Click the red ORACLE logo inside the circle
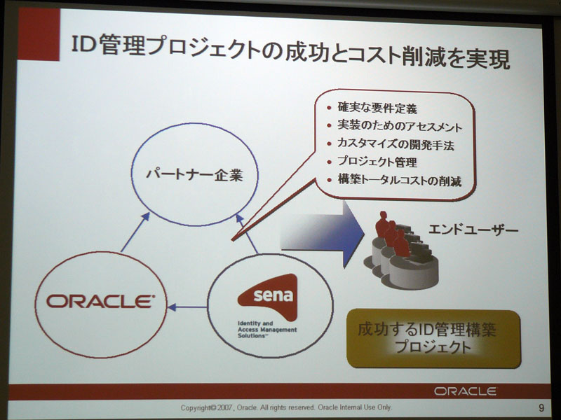[100, 302]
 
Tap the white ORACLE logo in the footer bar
[465, 391]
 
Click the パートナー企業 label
[194, 174]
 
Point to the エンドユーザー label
[473, 230]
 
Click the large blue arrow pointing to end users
[322, 234]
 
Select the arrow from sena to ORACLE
[187, 307]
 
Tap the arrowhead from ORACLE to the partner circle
[145, 216]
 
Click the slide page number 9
[541, 407]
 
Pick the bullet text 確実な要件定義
[377, 108]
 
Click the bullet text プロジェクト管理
[377, 162]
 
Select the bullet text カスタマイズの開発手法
[396, 144]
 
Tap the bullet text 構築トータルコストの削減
[399, 181]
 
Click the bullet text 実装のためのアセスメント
[400, 127]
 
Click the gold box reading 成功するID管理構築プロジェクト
[433, 338]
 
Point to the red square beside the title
[39, 34]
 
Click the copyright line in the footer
[286, 407]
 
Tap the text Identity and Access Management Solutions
[267, 329]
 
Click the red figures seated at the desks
[391, 234]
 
